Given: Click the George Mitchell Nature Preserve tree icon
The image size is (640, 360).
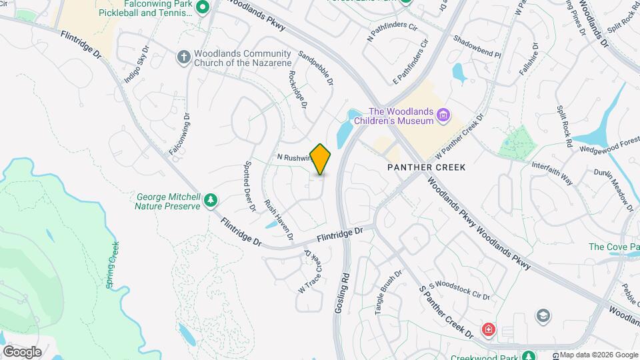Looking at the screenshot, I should [211, 199].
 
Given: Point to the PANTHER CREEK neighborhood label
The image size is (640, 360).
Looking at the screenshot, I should [426, 167].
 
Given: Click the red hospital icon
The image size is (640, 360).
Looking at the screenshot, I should [489, 329].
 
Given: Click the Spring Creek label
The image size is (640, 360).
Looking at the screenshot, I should [112, 265].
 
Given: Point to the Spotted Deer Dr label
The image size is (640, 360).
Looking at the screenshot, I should [250, 186].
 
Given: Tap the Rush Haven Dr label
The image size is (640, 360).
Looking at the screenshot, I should [279, 219].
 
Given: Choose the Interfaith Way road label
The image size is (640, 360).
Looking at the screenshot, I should [552, 173].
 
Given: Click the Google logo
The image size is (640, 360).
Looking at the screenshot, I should [22, 352].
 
